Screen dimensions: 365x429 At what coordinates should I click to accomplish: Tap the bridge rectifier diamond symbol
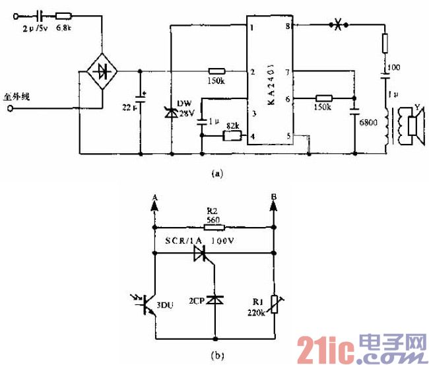(100, 71)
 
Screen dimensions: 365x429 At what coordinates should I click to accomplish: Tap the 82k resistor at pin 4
(232, 136)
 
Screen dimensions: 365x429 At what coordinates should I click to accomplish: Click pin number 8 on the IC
(288, 26)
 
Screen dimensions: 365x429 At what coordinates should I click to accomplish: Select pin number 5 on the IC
(287, 137)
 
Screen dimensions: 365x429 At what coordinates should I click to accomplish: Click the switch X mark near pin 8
(339, 26)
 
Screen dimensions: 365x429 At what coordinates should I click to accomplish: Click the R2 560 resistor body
(214, 226)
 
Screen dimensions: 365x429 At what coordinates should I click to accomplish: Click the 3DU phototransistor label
(173, 306)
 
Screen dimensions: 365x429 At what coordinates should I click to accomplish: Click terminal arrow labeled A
(154, 206)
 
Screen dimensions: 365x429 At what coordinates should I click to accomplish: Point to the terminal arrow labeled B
(273, 206)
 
